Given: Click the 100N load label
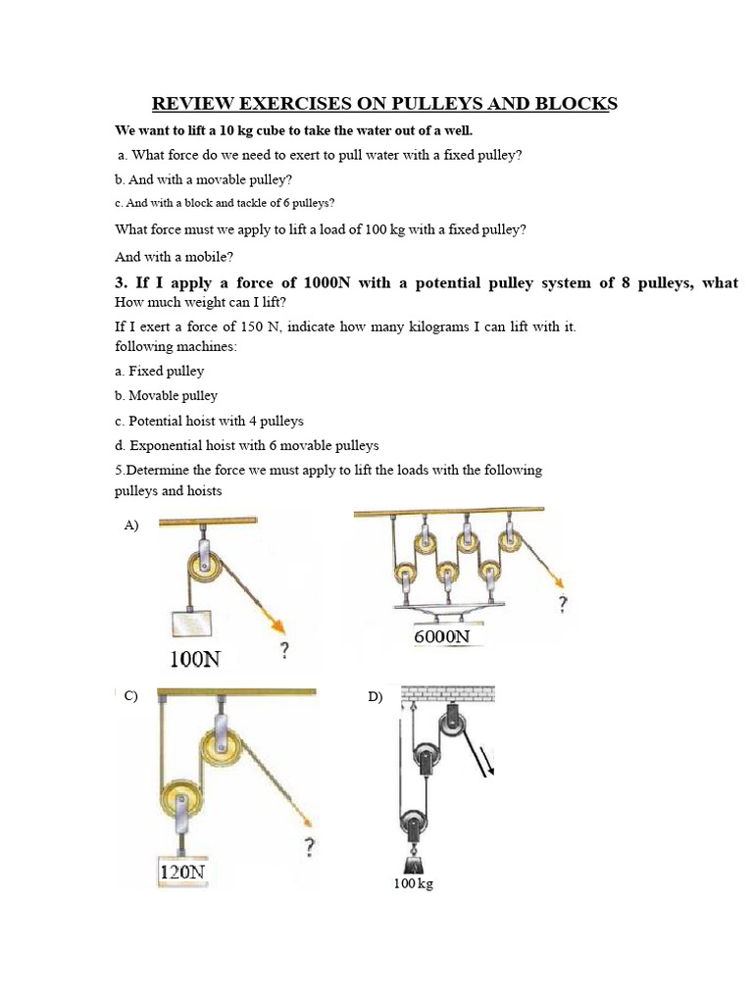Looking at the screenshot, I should point(195,659).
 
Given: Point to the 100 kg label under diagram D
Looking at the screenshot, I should point(413,883).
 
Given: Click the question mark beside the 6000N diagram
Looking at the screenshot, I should point(562,605).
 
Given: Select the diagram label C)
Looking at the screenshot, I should point(130,696).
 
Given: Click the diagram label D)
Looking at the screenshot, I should point(376,697).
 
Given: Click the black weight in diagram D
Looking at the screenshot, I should point(413,861).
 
